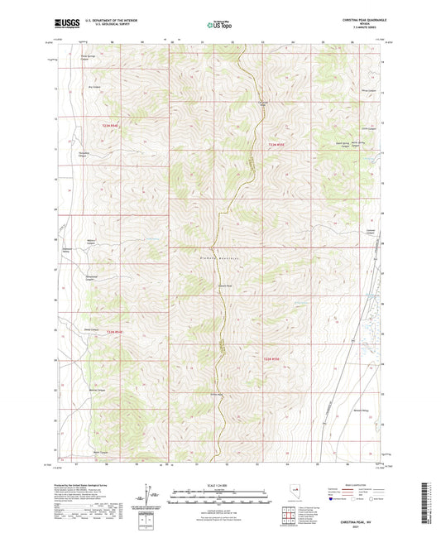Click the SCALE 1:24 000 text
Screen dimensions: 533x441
pos(219,483)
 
